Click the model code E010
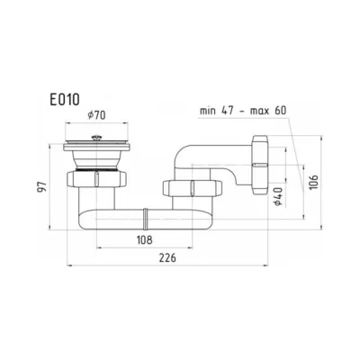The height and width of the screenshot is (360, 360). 65,99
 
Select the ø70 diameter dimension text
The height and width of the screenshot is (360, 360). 96,115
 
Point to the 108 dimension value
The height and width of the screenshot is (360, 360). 145,240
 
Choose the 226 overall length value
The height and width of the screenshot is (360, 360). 167,258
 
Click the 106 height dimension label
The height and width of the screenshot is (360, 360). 313,182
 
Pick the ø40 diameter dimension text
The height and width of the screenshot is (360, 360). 278,196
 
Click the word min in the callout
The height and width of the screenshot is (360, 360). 208,111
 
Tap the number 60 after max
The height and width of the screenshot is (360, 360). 280,111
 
